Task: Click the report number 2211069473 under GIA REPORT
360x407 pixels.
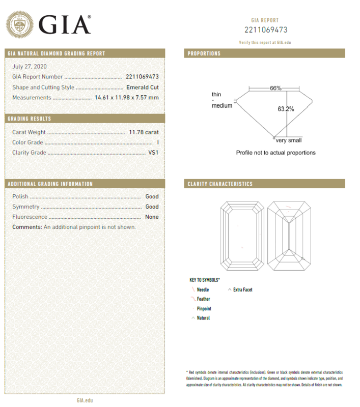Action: tap(265, 30)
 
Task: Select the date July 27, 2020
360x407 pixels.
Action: tap(29, 67)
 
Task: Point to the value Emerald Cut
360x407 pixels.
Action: tap(143, 87)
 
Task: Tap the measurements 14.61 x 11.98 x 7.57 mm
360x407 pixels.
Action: tap(127, 97)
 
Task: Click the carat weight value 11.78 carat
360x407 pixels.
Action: tap(144, 132)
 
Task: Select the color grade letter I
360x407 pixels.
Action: tap(158, 142)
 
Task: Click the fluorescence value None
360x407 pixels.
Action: tap(152, 217)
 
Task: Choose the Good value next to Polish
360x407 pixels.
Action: tap(152, 196)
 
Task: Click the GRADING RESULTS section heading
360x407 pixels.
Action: tap(30, 119)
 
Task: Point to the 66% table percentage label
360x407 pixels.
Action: tap(275, 88)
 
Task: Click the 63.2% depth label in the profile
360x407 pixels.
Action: tap(286, 108)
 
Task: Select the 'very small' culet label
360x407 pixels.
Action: tap(289, 140)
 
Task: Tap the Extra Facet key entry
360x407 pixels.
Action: tap(242, 289)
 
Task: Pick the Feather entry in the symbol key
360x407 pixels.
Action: tap(203, 299)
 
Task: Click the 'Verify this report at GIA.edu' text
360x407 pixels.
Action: tap(265, 43)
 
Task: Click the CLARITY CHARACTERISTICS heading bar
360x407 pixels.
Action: tap(264, 184)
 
